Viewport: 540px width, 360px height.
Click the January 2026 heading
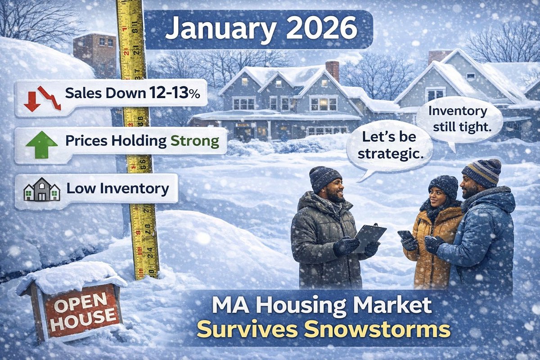[261, 29]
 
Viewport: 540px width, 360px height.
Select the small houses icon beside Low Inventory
[41, 189]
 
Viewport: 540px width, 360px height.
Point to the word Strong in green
[194, 142]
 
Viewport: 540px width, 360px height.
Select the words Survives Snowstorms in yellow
[323, 330]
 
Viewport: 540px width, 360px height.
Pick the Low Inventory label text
[118, 189]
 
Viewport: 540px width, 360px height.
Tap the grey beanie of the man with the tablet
[325, 176]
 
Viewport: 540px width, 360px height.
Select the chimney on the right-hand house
[439, 55]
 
